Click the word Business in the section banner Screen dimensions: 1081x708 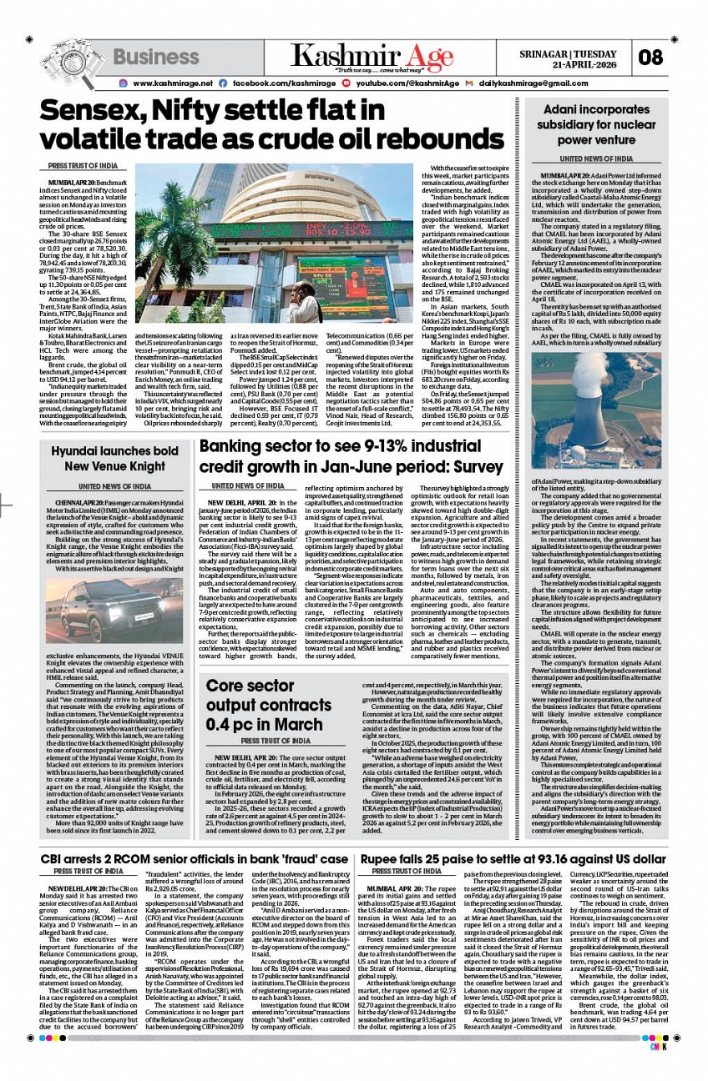(156, 58)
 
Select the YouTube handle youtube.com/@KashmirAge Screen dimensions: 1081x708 (407, 83)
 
